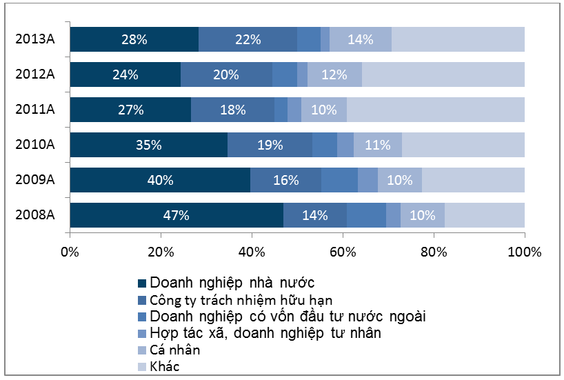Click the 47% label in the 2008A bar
176,215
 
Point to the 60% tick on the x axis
343,252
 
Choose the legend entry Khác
164,366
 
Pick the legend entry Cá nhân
174,350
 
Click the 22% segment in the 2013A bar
248,39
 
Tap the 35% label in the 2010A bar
148,145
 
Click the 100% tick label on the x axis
524,252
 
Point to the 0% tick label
70,252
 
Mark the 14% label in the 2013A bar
361,39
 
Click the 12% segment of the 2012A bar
334,74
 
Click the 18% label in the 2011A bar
232,110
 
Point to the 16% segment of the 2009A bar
285,180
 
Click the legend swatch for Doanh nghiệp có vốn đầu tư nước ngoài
143,317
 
